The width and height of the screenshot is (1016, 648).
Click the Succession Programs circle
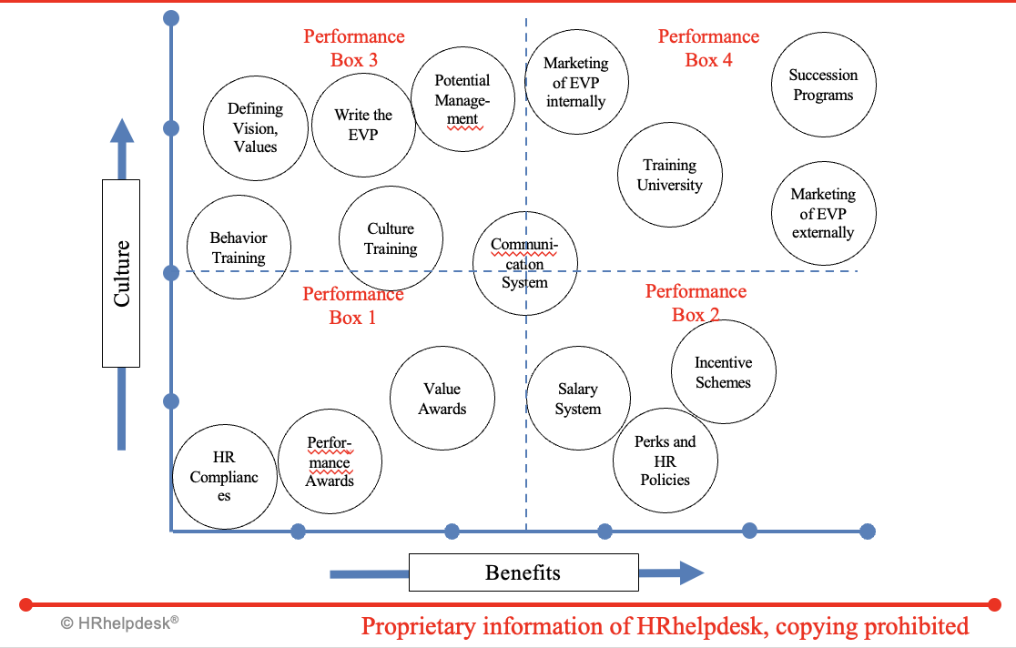coord(824,86)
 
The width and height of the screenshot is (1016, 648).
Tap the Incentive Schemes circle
coord(723,372)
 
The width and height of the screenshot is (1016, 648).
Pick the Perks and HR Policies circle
coord(665,461)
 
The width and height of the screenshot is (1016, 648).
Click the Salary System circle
coord(578,399)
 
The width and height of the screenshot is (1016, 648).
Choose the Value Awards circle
coord(442,399)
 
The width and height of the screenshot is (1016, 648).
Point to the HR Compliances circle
coord(224,478)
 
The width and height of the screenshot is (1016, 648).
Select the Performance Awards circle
coord(330,461)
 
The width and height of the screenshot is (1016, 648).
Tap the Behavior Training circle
coord(239,248)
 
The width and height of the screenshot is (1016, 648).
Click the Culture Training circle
coord(391,238)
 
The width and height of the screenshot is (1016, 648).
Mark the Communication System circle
coord(525,263)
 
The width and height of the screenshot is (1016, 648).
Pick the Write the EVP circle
coord(363,125)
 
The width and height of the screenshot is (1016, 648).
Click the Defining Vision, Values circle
coord(255,127)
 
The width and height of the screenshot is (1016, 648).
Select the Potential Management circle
coord(462,99)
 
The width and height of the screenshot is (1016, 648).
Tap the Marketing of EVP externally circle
coord(823,213)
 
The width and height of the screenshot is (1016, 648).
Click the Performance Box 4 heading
coord(708,48)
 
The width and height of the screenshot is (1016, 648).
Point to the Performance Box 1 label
coord(352,305)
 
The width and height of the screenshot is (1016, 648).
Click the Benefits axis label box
coord(523,572)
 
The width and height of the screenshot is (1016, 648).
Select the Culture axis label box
coord(121,273)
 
